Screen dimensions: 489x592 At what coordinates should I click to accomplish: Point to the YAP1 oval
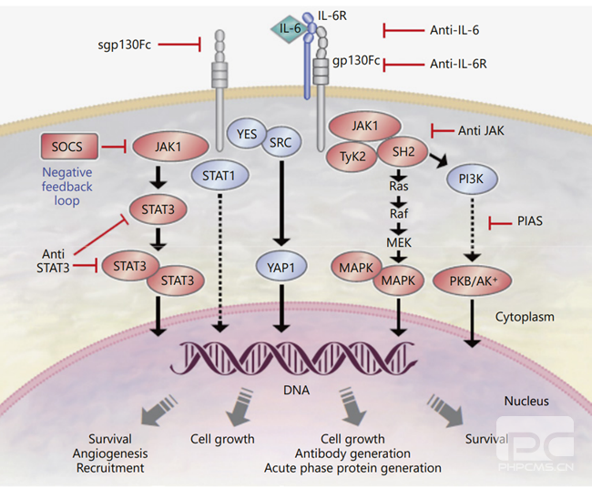point(282,268)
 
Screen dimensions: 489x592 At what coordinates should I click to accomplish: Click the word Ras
point(398,186)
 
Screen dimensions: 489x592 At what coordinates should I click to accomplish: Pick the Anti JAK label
point(485,130)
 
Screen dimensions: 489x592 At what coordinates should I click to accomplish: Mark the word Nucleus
point(527,402)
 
